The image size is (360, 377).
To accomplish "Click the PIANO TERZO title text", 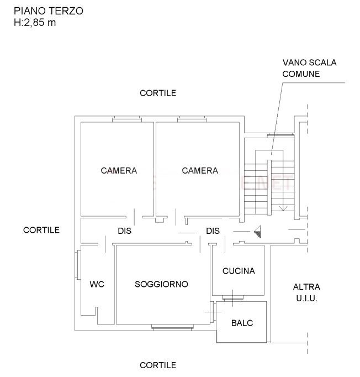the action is point(49,11).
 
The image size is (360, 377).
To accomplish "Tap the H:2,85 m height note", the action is point(35,23).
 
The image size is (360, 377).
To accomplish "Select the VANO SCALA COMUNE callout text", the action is point(309,68).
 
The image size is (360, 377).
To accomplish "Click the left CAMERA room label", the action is point(119,170).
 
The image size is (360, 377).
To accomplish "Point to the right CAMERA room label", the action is point(200,170).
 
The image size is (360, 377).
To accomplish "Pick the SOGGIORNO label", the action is point(161,284).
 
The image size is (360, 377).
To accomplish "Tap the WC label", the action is point(97,284).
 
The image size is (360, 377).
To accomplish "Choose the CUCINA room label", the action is point(239,271).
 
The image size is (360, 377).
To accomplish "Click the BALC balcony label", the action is point(242,323).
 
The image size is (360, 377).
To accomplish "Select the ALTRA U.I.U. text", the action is point(306,292).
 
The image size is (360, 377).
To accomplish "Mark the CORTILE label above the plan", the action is point(158,93).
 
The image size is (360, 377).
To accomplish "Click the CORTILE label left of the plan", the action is point(41,230).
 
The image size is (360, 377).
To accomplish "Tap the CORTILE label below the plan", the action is point(158,365).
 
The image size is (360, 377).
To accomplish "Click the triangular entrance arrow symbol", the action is point(257,232).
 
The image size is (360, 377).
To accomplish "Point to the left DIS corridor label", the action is point(125,231).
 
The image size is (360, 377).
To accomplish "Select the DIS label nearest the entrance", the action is point(213,231).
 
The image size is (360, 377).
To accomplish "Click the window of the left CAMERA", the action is point(127,119).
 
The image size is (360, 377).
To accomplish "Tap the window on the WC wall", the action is point(78,265).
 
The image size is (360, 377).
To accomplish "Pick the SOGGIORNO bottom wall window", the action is point(172,327).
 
